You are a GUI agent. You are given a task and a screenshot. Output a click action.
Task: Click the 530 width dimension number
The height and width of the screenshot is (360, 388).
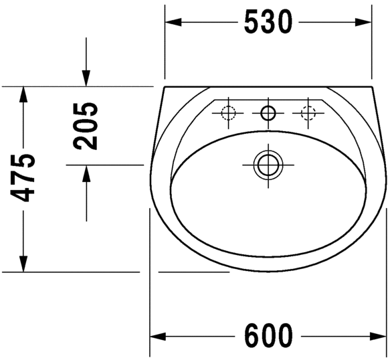pos(268,23)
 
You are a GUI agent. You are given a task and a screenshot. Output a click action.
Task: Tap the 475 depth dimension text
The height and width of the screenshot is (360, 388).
pos(24,177)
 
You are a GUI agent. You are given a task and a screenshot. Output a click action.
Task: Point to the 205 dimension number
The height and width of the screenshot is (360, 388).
pos(86,126)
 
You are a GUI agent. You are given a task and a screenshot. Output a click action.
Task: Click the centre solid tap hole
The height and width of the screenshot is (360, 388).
pos(268,113)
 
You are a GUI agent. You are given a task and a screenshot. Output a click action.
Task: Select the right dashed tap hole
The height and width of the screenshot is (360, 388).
pos(308,113)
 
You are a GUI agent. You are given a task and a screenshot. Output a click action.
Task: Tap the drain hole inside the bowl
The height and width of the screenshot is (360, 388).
pos(268,163)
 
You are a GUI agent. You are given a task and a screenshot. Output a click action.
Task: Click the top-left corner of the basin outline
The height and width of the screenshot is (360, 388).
pos(164,87)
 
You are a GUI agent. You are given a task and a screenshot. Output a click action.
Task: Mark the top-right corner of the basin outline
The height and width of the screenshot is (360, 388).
pos(372,87)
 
